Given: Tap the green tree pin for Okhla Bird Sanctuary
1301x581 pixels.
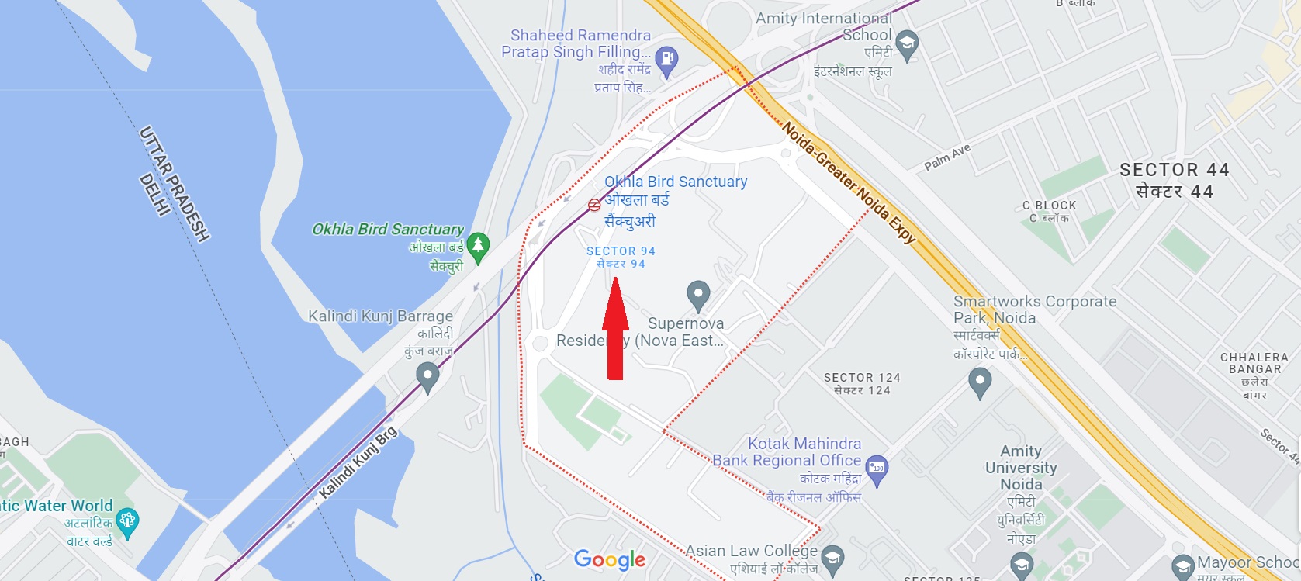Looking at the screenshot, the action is tap(478, 246).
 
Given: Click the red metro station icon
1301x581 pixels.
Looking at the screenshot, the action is tap(594, 205).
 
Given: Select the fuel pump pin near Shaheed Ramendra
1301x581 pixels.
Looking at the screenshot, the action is tap(666, 59).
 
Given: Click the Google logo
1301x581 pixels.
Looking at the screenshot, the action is tap(610, 559).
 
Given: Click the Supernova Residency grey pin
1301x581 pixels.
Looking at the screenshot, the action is tap(698, 294).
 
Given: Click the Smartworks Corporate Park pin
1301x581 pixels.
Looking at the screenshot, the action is tap(980, 381).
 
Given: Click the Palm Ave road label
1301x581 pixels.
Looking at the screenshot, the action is tap(947, 157).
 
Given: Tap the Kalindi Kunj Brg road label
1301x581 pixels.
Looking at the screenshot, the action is tap(358, 463).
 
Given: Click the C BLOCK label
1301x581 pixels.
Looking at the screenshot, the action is tap(1049, 206).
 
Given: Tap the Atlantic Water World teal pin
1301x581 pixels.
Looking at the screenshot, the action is tap(127, 520).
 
